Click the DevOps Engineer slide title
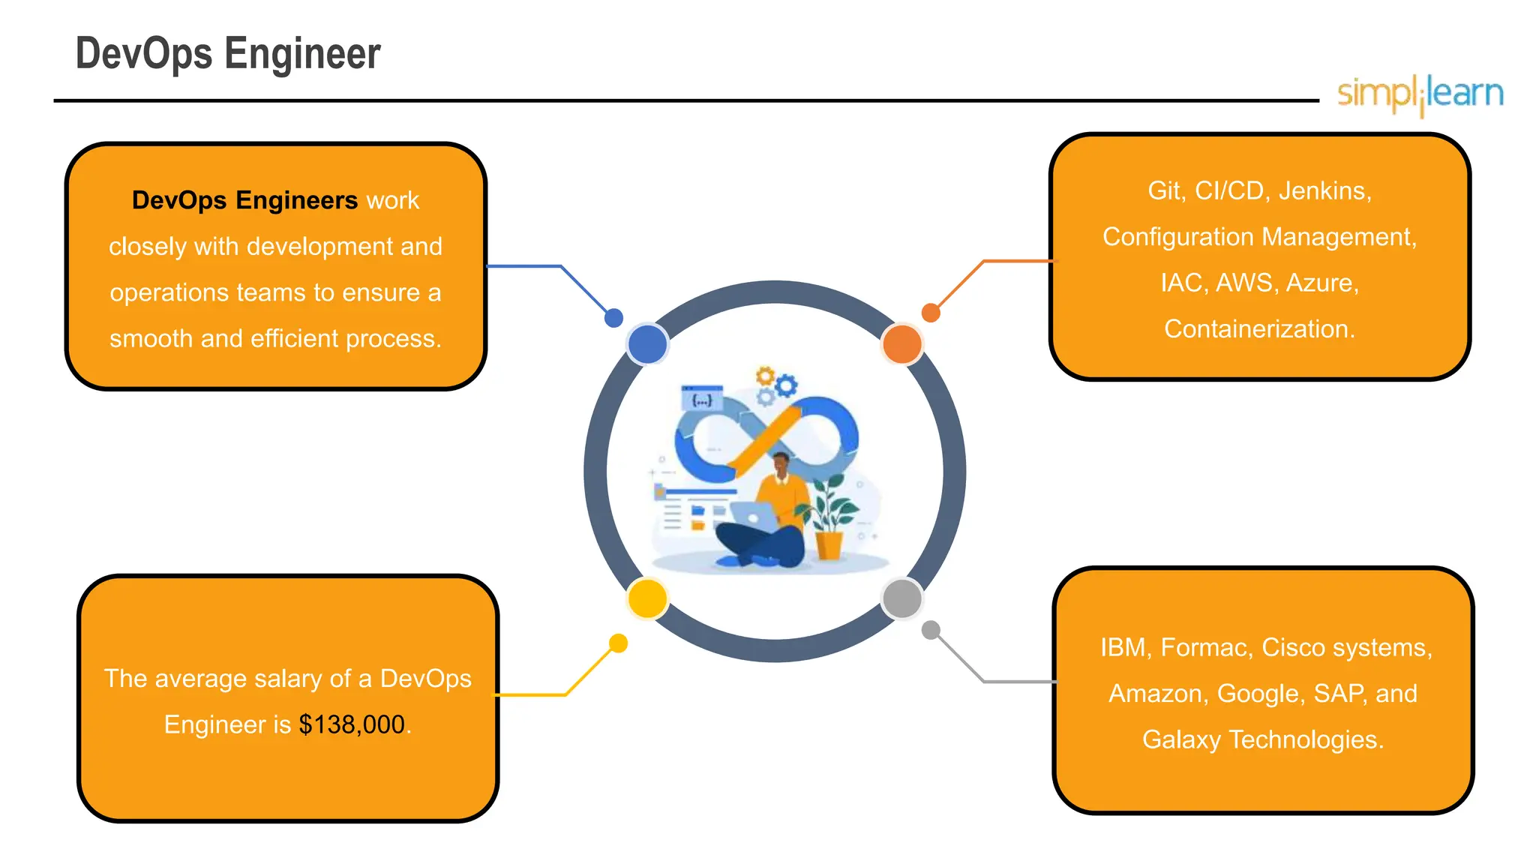click(x=228, y=54)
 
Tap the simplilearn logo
click(x=1420, y=94)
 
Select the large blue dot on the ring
click(x=647, y=344)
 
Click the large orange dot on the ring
click(x=902, y=344)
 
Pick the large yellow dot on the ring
click(x=647, y=598)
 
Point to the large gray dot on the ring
click(x=902, y=598)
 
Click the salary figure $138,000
click(x=352, y=724)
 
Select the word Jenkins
click(x=1324, y=191)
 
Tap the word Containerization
click(x=1259, y=329)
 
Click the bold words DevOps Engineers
click(x=244, y=201)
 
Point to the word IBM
click(x=1123, y=647)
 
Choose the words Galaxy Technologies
click(x=1262, y=739)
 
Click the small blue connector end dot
click(x=613, y=318)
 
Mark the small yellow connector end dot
click(x=618, y=643)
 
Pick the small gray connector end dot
click(x=931, y=630)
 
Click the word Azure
click(x=1321, y=283)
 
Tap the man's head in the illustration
click(x=781, y=464)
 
